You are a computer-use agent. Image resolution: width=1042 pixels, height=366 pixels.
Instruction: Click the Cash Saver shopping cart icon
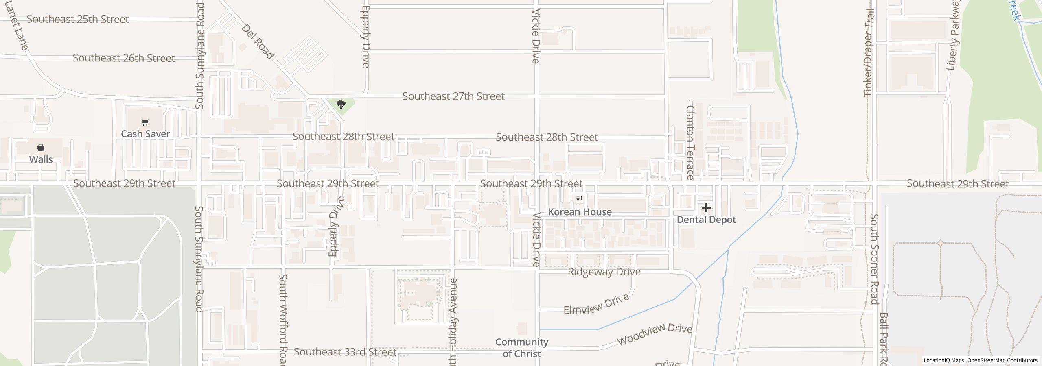[x=145, y=122]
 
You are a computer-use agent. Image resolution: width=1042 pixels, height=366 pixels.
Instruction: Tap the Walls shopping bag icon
[x=41, y=148]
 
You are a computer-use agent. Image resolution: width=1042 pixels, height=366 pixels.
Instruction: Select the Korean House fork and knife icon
[x=580, y=200]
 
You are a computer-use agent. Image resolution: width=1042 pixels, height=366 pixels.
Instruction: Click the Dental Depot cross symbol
[x=706, y=208]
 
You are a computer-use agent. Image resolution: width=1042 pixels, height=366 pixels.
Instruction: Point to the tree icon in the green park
[x=341, y=105]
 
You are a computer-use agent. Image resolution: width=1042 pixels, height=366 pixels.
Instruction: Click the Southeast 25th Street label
[x=78, y=20]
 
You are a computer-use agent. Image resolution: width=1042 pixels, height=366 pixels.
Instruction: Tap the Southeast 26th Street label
[x=124, y=58]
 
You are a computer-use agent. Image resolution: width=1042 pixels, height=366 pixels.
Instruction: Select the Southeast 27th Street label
[x=453, y=96]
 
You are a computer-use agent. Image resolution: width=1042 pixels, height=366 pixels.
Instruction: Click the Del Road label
[x=258, y=41]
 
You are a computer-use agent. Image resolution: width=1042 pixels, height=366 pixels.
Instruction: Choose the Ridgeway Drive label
[x=604, y=272]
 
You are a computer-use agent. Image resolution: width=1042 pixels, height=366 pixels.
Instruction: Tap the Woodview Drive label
[x=655, y=334]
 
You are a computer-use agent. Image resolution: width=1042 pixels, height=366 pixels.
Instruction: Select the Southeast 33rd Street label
[x=345, y=352]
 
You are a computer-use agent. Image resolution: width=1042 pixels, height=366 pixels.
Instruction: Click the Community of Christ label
[x=522, y=348]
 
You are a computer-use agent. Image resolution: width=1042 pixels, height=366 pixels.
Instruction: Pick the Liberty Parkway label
[x=953, y=40]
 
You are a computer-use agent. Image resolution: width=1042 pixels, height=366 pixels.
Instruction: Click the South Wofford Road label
[x=283, y=319]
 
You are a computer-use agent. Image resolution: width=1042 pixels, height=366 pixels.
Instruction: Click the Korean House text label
[x=580, y=212]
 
